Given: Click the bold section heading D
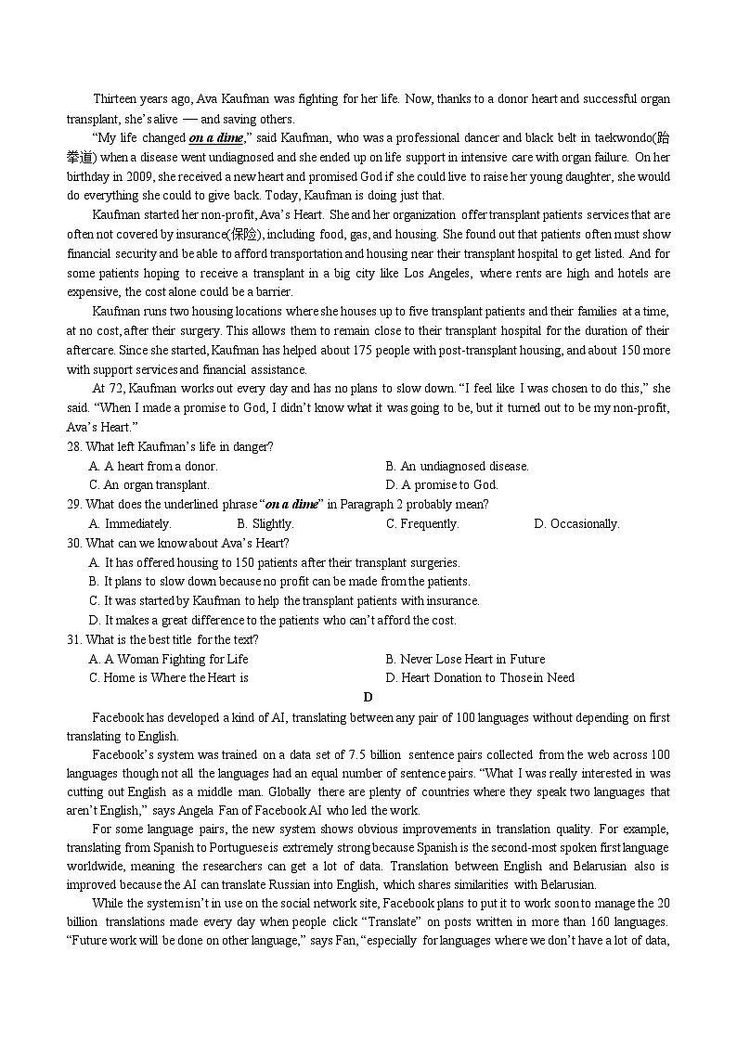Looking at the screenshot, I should coord(368,698).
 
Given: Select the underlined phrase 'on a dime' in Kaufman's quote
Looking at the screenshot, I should coord(215,138).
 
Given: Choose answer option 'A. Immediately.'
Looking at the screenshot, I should coord(130,524).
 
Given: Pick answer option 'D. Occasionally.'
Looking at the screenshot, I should coord(576,524).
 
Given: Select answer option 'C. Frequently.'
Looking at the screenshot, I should coord(422,524).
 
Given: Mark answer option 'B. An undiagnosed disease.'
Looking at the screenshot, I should coord(457,466).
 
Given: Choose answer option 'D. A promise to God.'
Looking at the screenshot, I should coord(442,484).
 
